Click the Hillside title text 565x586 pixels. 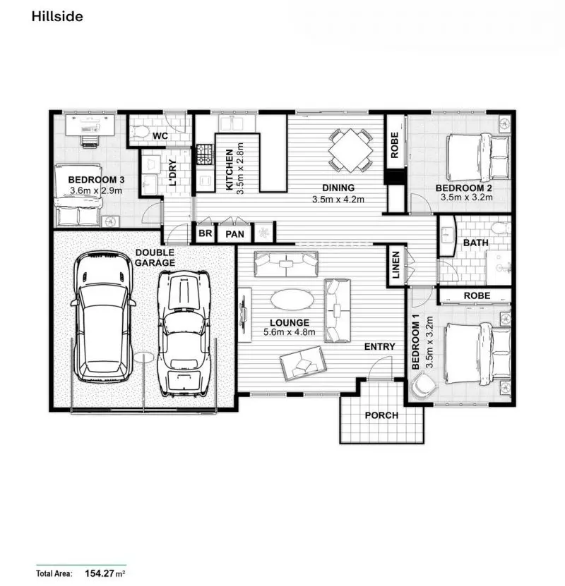57,16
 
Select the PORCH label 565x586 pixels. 381,415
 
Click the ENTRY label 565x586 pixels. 379,347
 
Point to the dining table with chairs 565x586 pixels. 350,149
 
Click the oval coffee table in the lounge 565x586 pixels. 293,300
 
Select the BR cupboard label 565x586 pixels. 206,233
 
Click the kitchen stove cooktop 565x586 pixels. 204,152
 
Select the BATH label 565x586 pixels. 475,243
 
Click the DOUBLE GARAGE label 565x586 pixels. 155,257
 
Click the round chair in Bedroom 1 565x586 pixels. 425,386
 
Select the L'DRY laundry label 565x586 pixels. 172,173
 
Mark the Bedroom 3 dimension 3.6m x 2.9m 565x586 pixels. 96,190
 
